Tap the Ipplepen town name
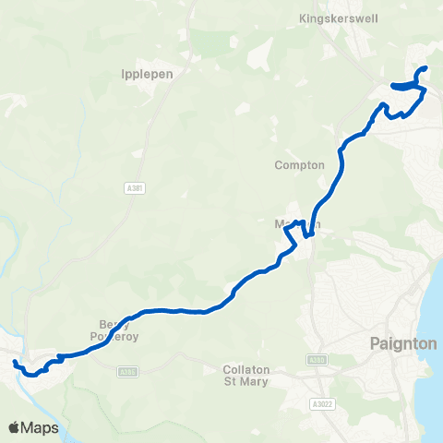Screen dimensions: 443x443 tap(142, 76)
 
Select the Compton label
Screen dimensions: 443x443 tap(300, 165)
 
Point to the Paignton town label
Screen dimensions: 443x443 tap(402, 343)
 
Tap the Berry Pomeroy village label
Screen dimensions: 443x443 tap(116, 329)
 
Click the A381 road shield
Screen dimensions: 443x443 tap(133, 188)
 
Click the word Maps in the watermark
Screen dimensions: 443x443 tap(42, 427)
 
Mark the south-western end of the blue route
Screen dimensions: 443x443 tap(15, 365)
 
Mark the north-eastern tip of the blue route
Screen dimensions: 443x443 tap(425, 68)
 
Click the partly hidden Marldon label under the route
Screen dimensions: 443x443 tap(297, 224)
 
